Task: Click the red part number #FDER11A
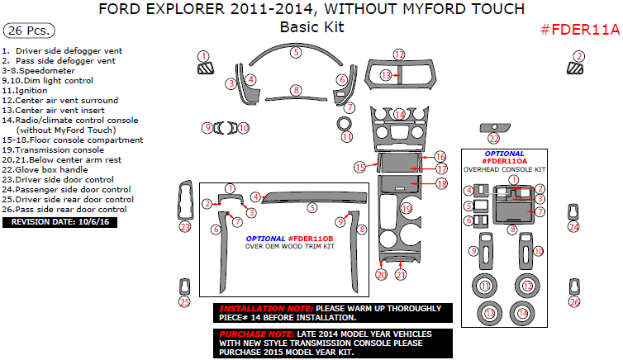coord(579,30)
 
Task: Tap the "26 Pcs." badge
coord(29,31)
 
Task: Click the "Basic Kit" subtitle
coord(311,27)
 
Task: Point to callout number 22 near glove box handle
coord(493,139)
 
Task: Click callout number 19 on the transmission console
coord(406,209)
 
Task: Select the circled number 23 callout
coord(185,226)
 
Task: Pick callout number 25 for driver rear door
coord(185,301)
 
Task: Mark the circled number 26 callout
coord(574,301)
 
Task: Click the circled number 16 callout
coord(440,156)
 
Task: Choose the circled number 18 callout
coord(440,183)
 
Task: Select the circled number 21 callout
coord(401,275)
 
